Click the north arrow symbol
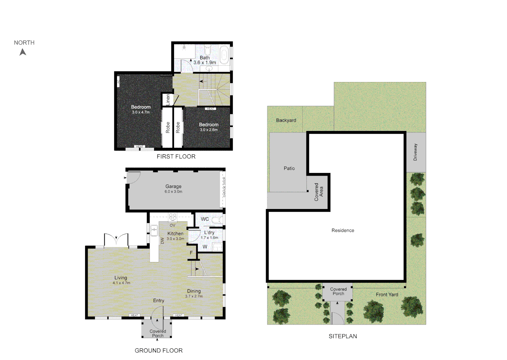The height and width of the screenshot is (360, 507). [23, 52]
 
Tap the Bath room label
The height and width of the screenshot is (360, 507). [205, 58]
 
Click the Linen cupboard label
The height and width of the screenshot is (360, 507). [168, 100]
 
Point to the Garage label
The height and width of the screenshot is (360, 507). [173, 186]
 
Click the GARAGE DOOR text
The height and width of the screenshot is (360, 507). [224, 187]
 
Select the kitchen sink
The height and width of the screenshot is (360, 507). [154, 230]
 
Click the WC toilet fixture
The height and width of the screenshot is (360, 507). [218, 220]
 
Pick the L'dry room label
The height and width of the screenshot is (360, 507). [209, 232]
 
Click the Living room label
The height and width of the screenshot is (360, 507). [121, 278]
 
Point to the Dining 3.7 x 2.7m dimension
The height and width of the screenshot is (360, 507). [194, 296]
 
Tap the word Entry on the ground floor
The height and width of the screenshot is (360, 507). [159, 300]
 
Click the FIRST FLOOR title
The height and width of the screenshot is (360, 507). [176, 156]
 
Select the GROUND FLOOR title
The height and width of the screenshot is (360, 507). [159, 350]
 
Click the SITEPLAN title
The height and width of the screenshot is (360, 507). [343, 336]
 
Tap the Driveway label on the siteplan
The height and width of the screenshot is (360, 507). [415, 152]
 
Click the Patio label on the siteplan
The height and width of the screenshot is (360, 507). [289, 168]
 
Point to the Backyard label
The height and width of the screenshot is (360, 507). [286, 120]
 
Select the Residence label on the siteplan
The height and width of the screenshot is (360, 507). [343, 230]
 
